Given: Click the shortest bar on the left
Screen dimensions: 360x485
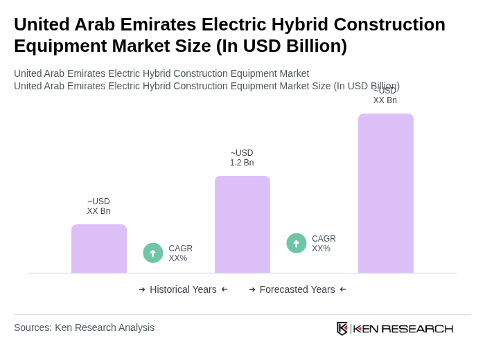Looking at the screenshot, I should [99, 249].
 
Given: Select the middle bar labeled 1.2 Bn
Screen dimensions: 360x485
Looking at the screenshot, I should [242, 224].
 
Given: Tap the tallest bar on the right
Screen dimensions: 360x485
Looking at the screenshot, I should [386, 193].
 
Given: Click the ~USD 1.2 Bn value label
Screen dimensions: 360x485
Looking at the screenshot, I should [242, 158].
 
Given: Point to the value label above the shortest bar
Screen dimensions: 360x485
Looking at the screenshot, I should [98, 206].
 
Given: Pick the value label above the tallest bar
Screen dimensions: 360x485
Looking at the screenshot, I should [385, 96].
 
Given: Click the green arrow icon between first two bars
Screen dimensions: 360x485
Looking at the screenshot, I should [153, 253].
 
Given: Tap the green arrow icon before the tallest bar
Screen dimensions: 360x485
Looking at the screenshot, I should [297, 243].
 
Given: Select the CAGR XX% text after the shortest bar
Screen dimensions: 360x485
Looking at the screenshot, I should [180, 253].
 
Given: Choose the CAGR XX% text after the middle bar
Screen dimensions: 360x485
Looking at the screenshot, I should [324, 244].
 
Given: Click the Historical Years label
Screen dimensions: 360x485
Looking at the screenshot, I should [183, 289].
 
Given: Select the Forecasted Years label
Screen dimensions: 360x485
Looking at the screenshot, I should [297, 289].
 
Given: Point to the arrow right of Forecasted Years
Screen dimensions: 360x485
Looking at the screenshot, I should [343, 289].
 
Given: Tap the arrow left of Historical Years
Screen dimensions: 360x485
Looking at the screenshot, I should [142, 289].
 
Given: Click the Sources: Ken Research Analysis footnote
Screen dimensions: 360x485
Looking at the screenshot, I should [84, 327].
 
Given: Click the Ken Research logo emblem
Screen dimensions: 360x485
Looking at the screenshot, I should [342, 328].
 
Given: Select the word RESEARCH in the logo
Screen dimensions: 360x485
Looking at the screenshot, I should [417, 328].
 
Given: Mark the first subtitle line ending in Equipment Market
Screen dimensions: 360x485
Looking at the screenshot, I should [161, 73].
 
